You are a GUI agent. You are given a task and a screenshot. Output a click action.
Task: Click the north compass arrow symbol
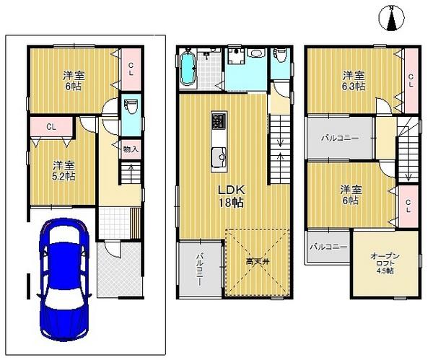click(392, 18)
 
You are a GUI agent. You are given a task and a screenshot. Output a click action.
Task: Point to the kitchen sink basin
click(219, 153)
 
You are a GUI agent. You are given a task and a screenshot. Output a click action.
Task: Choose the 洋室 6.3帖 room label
click(353, 81)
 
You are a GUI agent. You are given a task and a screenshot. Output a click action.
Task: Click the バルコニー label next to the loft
click(328, 247)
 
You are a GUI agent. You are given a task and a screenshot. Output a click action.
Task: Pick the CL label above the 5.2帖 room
click(51, 128)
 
